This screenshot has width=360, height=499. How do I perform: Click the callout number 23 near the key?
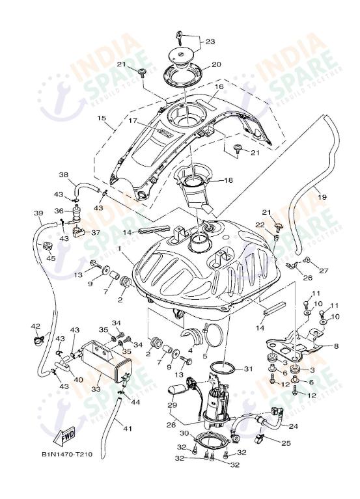point(210,41)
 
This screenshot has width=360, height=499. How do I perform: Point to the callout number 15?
point(101,118)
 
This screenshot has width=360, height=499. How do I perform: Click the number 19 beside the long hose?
point(322,196)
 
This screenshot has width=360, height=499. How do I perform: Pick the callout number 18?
point(228,180)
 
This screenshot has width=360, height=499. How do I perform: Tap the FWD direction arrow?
point(69,435)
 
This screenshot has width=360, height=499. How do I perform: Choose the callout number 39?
point(38,213)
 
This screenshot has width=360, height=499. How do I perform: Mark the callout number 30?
point(184,434)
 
